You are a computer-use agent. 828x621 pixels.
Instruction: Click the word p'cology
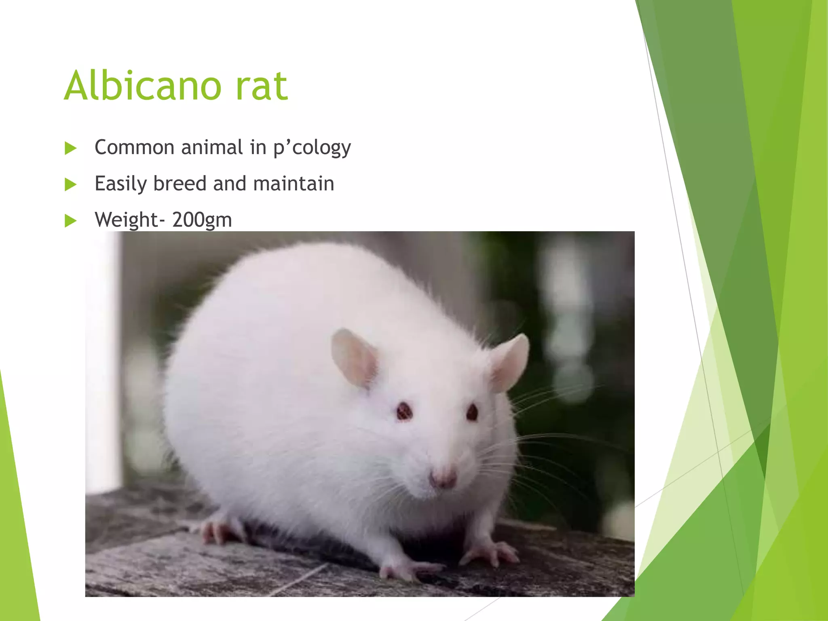point(312,148)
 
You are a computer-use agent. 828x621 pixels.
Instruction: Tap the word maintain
point(294,184)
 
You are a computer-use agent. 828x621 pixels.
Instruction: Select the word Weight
point(126,220)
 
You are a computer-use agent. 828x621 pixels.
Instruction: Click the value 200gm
point(202,220)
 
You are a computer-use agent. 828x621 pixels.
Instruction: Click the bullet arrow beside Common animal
point(70,148)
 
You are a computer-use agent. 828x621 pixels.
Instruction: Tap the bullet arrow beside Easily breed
point(70,185)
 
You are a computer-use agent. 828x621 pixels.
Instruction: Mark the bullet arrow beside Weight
point(70,221)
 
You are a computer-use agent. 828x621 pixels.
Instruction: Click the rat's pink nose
point(443,479)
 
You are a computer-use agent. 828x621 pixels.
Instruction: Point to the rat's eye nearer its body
point(403,412)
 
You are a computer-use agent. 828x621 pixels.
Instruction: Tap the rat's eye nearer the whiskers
point(472,412)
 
